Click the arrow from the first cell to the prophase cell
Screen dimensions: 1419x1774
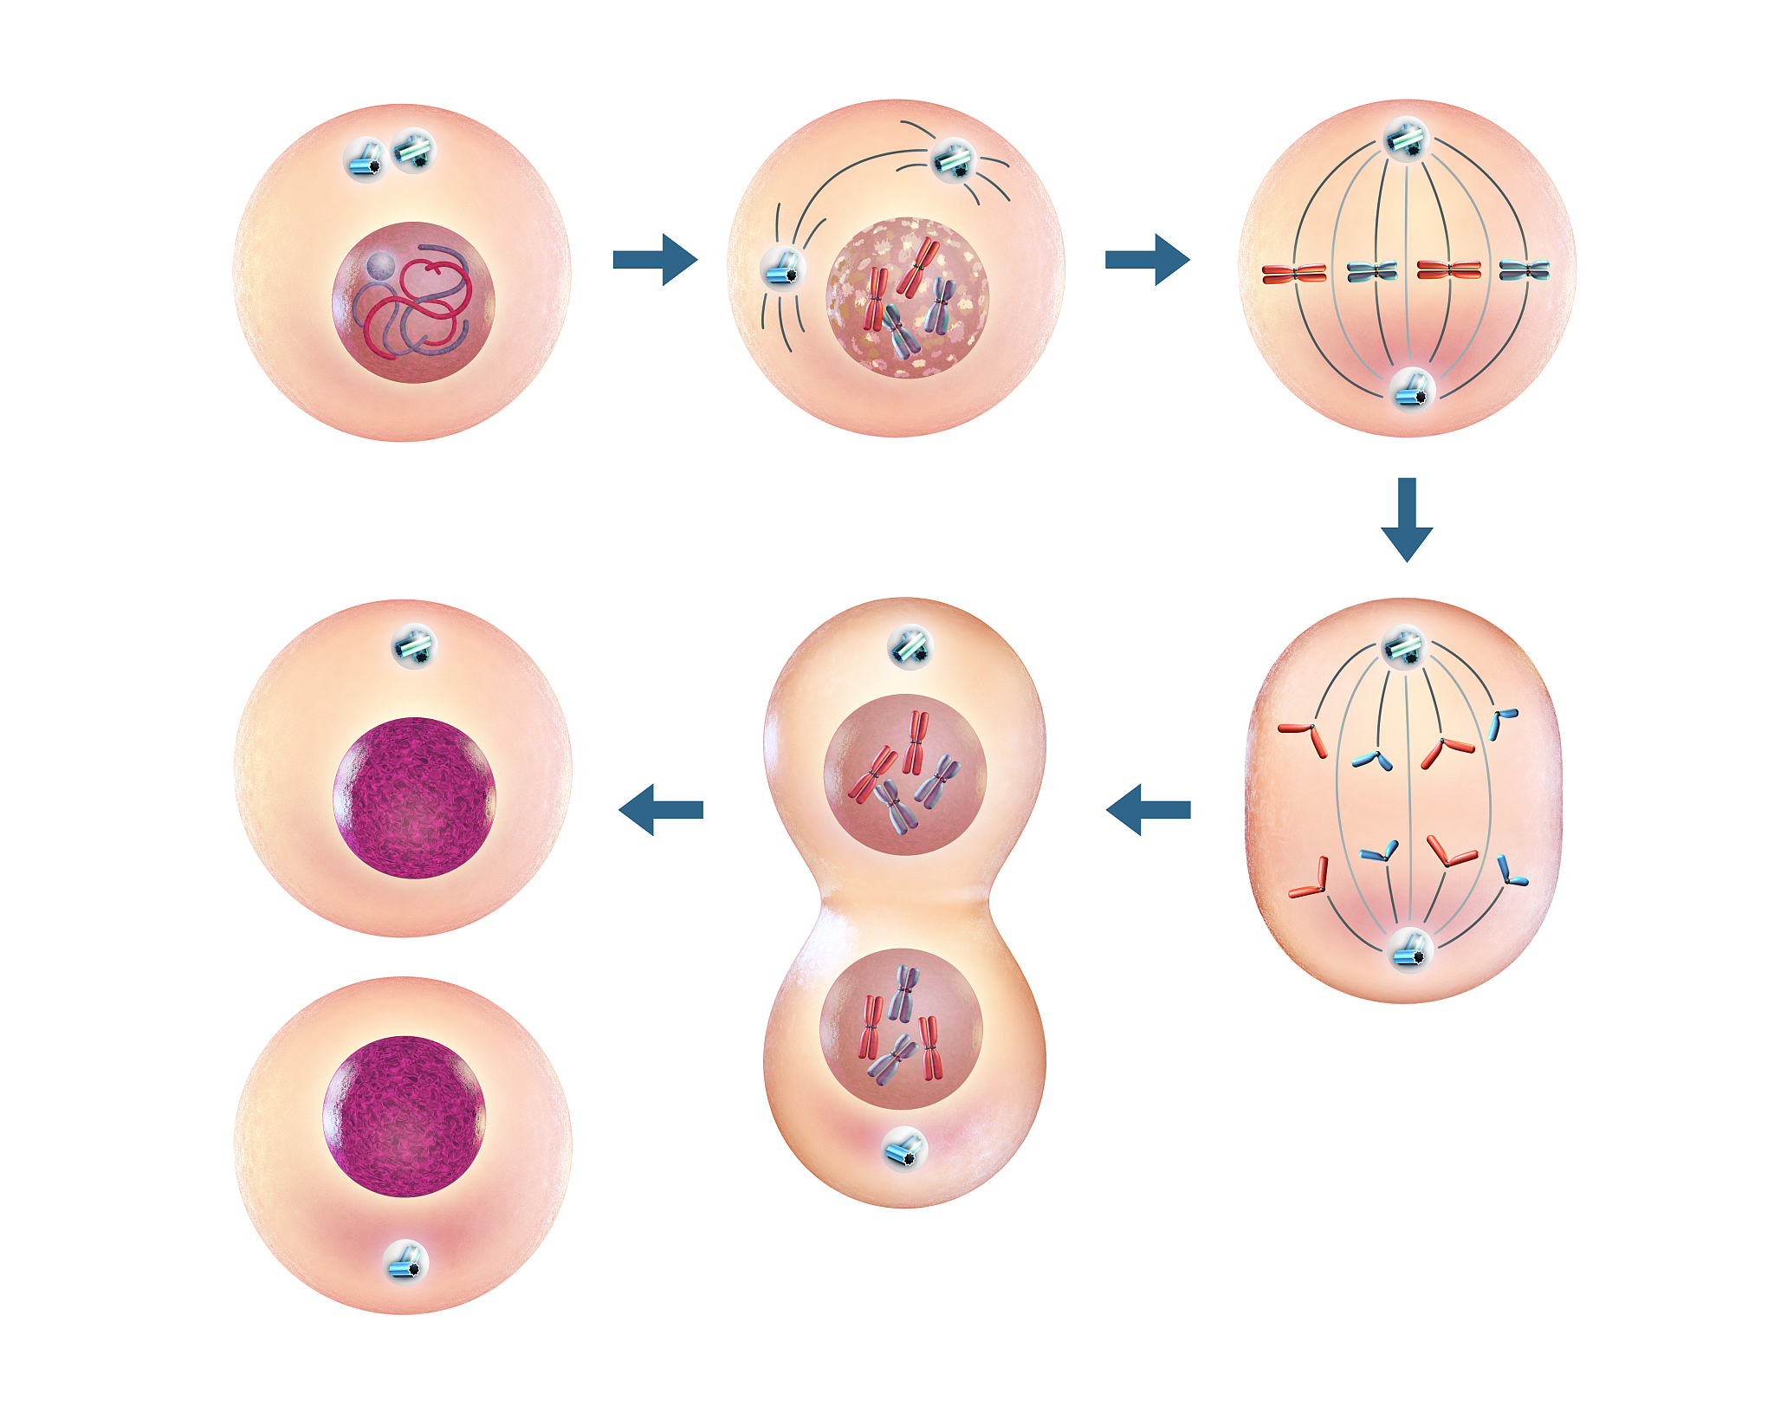(x=654, y=259)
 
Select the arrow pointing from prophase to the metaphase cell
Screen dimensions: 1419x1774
(x=1146, y=259)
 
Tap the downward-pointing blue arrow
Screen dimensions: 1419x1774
(x=1407, y=519)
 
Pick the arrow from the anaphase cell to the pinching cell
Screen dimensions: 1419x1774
(x=1149, y=809)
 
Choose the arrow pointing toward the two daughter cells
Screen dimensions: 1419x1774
(x=661, y=809)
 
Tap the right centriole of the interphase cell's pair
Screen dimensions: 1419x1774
(x=415, y=151)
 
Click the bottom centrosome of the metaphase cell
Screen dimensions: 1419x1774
(x=1412, y=390)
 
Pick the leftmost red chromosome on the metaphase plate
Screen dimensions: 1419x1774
(x=1293, y=274)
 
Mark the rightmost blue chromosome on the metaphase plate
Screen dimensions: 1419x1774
(x=1524, y=270)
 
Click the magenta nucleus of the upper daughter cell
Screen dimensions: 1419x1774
(x=414, y=797)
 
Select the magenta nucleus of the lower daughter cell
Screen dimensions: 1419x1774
(x=404, y=1116)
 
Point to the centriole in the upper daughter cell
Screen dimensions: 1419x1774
(x=414, y=646)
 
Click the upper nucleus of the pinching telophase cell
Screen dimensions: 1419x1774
(x=904, y=774)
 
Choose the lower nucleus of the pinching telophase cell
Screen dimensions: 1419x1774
(x=901, y=1028)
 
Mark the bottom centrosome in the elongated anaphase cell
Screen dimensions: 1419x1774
(x=1408, y=949)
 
